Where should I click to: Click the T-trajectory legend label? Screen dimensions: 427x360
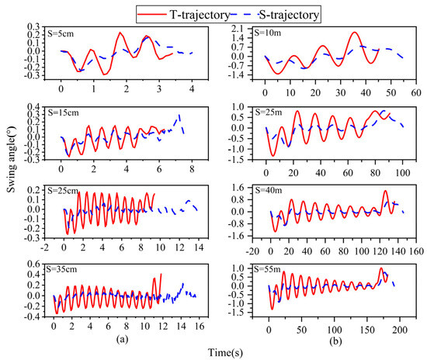coord(200,15)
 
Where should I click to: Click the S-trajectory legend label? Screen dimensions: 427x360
coord(289,15)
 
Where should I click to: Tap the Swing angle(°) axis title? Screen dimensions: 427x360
coord(12,160)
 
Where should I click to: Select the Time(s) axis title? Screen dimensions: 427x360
coord(225,353)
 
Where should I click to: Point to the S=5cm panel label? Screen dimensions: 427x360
coord(61,33)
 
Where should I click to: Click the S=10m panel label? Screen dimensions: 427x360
coord(268,33)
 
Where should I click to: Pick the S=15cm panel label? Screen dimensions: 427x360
coord(63,112)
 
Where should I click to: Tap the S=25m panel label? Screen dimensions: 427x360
coord(269,112)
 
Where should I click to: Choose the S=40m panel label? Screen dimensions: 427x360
coord(269,190)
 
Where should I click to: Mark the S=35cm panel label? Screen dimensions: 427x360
coord(61,269)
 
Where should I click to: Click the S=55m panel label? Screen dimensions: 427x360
coord(267,269)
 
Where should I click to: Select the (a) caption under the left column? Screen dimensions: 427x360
coord(122,339)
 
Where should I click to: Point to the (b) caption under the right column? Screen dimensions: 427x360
coord(335,341)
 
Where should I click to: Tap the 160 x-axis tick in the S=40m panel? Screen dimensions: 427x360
coord(416,251)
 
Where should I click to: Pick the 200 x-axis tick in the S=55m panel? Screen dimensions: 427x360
coord(400,330)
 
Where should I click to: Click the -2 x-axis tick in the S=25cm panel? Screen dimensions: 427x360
coord(45,247)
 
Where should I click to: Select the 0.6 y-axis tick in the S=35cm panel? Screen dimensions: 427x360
coord(33,264)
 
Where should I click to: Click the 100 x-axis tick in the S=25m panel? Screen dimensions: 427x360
coord(402,172)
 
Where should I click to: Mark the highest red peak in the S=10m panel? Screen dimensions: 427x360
coord(355,32)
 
